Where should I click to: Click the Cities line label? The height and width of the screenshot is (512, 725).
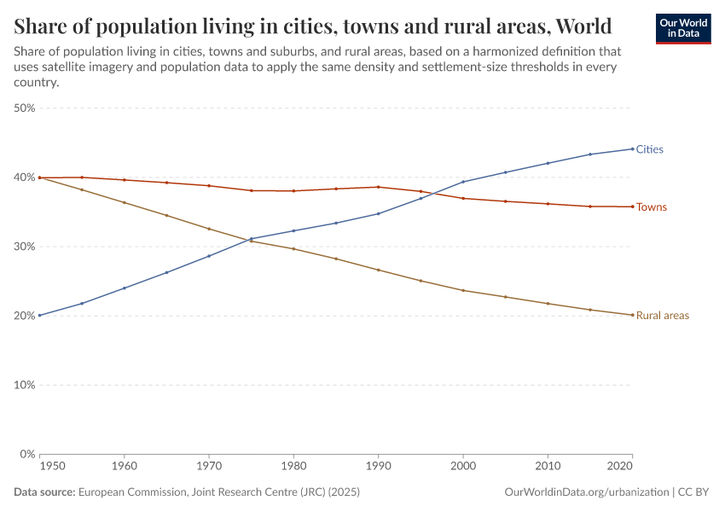(x=649, y=149)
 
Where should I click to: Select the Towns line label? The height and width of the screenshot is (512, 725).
(x=651, y=207)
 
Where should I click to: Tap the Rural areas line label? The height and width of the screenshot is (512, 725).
(x=662, y=316)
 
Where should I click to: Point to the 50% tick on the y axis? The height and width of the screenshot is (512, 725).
(x=24, y=108)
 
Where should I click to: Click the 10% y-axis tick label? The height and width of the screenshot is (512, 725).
(x=24, y=385)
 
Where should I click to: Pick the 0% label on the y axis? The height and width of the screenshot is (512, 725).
(x=27, y=454)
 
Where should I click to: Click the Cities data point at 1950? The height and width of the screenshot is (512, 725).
(x=40, y=316)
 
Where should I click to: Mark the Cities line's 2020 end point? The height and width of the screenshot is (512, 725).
(x=632, y=148)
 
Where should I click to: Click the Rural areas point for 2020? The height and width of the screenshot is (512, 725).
(x=632, y=315)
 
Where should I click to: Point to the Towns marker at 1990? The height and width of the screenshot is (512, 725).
(x=378, y=187)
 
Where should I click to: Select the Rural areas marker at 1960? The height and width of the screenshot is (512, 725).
(x=125, y=202)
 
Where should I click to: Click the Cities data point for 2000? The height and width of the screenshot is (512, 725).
(x=463, y=182)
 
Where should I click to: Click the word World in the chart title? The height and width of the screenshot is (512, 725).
(x=583, y=26)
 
